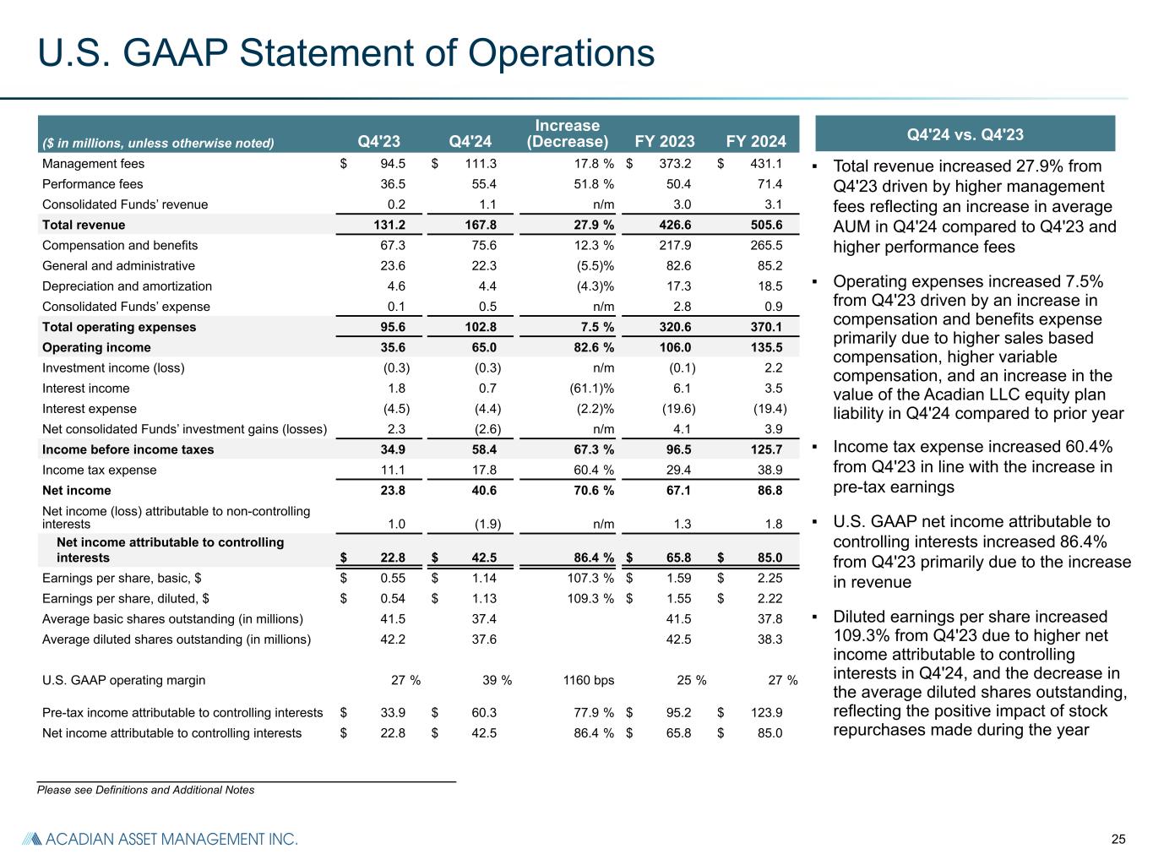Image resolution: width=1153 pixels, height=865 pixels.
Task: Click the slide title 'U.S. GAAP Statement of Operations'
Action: (x=346, y=53)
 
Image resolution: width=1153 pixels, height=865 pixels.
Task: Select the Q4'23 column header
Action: (x=379, y=141)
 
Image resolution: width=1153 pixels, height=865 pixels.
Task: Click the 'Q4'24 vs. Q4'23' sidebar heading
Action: (x=965, y=134)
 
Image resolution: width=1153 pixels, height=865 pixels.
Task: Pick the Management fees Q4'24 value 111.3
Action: (x=479, y=164)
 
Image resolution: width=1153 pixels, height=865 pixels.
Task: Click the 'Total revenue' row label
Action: (x=84, y=225)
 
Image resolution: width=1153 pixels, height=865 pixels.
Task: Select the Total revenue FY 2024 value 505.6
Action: (x=765, y=225)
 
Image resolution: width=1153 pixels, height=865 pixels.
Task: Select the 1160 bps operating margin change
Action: (x=588, y=680)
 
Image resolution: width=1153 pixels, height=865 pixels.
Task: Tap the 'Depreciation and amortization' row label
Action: (x=127, y=286)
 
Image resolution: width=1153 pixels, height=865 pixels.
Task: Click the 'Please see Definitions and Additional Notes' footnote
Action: (x=145, y=790)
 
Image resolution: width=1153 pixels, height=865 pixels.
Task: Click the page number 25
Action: (x=1118, y=839)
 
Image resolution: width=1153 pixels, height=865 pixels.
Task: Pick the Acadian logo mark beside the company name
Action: (x=30, y=839)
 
